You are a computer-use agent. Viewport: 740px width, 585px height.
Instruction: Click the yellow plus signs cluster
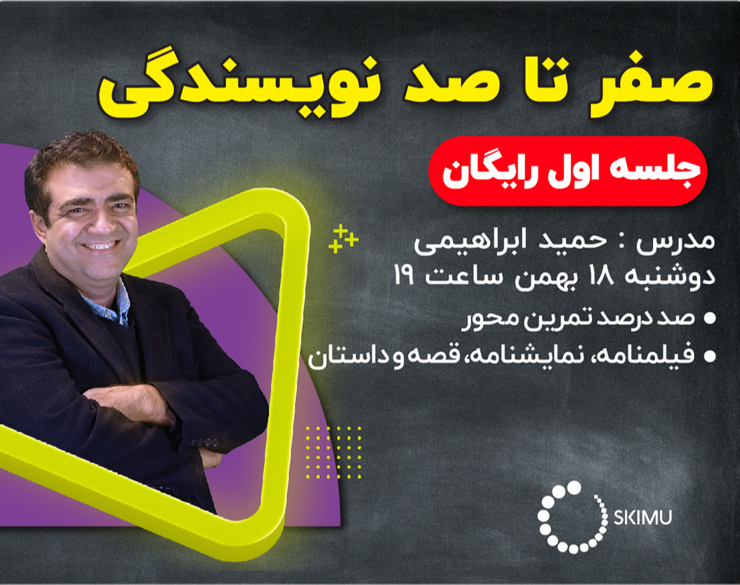(343, 238)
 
